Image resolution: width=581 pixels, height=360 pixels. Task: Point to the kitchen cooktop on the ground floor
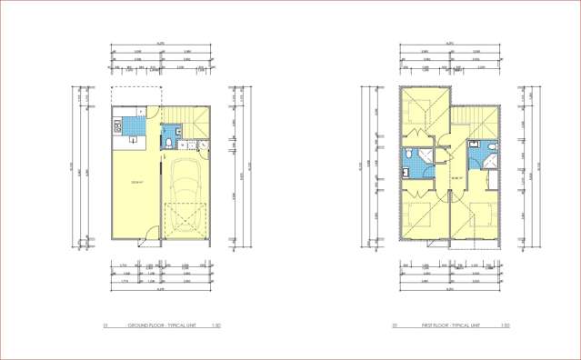click(x=115, y=125)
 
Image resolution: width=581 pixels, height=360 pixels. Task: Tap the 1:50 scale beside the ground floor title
click(x=215, y=325)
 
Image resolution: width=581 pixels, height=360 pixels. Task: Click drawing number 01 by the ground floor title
click(x=105, y=325)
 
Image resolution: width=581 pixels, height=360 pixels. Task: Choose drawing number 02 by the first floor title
click(x=395, y=325)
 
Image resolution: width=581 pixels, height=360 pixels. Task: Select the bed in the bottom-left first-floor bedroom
click(x=421, y=218)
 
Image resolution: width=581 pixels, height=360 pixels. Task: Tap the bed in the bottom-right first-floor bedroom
click(x=480, y=218)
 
